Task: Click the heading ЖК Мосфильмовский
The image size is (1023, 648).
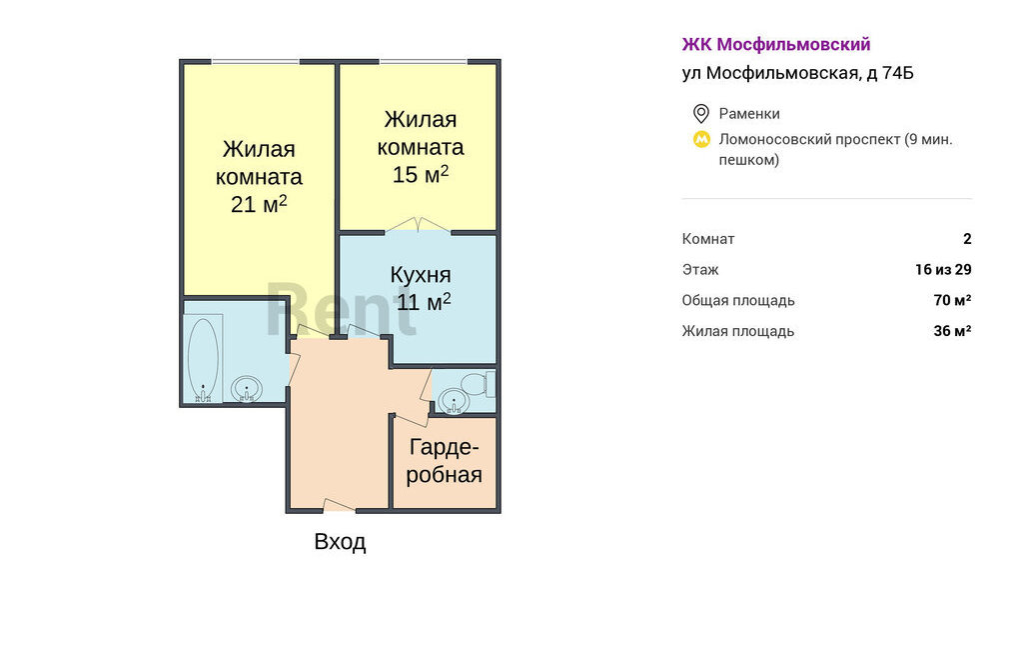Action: tap(776, 44)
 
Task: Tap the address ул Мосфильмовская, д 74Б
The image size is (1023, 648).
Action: tap(798, 73)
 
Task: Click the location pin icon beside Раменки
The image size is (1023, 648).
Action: tap(700, 114)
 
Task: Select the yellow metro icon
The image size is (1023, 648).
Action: tap(701, 139)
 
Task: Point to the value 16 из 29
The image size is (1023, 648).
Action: tap(943, 269)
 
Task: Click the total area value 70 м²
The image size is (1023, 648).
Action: tap(952, 300)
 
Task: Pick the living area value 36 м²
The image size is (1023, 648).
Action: tap(952, 331)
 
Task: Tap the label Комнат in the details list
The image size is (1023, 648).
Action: tap(708, 239)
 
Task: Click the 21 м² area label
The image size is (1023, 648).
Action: tap(259, 204)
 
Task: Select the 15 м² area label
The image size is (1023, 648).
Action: tap(421, 174)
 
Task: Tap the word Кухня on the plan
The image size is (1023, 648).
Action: tap(421, 274)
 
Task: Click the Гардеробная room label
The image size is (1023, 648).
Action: tap(445, 461)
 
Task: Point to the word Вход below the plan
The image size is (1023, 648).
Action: tap(340, 542)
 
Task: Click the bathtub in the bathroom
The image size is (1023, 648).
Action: tap(203, 358)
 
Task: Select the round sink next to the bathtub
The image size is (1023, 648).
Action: tap(246, 389)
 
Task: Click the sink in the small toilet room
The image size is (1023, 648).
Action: tap(453, 400)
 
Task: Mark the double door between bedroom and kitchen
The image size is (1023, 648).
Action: tap(418, 225)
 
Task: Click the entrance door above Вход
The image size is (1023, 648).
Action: tap(340, 505)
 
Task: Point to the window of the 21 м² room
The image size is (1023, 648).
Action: tap(255, 62)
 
